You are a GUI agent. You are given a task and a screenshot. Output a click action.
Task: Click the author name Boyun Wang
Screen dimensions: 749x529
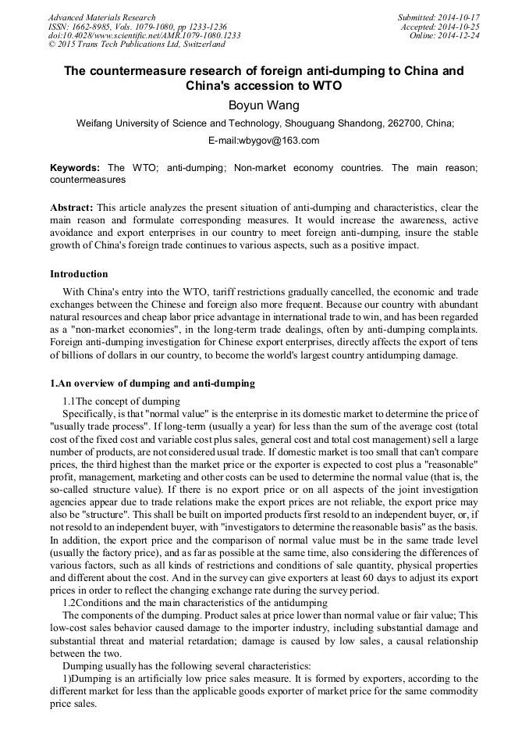[x=263, y=105]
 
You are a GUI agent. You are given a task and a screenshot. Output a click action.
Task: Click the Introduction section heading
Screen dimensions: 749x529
[x=79, y=274]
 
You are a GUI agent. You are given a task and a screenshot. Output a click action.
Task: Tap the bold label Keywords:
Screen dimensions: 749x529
[x=75, y=168]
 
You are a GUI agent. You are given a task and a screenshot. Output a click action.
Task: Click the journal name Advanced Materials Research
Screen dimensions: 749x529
[x=101, y=17]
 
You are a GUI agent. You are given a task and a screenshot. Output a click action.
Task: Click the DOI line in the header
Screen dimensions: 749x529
[x=144, y=36]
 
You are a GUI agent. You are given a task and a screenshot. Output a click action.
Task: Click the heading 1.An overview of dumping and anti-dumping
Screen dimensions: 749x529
[x=152, y=383]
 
